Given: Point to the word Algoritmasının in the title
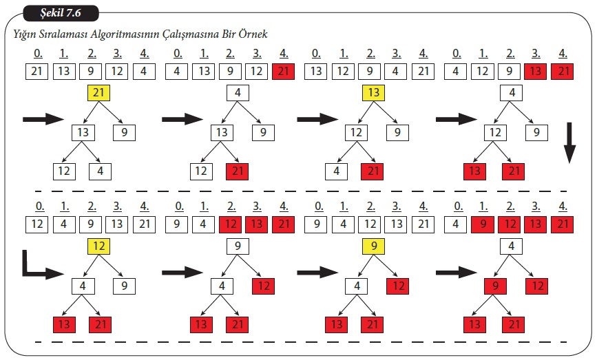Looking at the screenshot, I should coord(123,34).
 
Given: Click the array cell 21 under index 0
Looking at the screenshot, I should coord(39,71).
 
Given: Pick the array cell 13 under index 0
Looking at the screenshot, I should coord(317,71).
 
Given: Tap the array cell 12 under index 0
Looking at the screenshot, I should coord(39,224).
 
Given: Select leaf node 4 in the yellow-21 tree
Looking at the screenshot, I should coord(99,171).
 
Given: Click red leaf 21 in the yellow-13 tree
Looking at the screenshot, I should coord(373,171).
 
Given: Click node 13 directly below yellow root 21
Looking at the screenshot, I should coord(83,132).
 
